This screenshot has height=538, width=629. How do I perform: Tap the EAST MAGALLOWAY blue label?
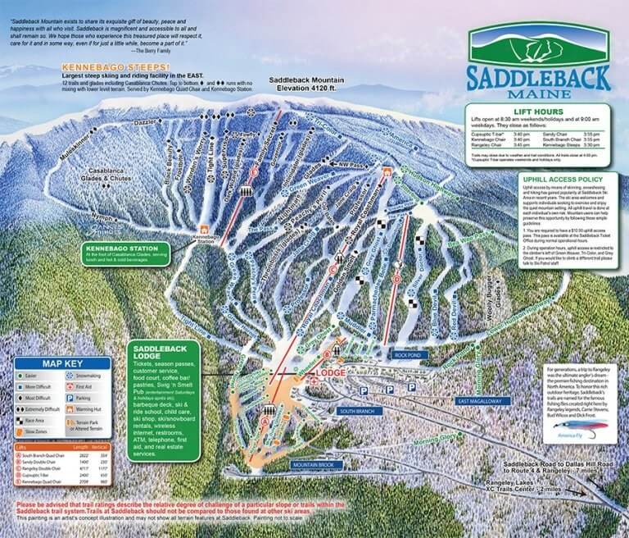[x=480, y=401]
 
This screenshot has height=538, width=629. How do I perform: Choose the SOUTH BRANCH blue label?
[x=357, y=410]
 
